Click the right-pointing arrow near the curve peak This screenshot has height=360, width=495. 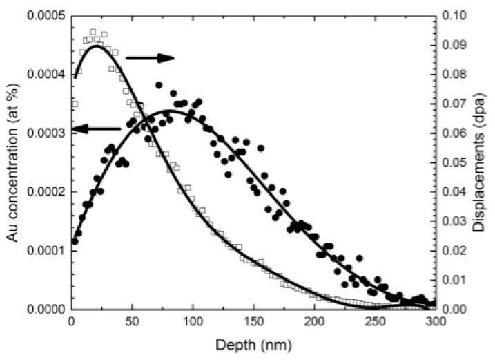pyautogui.click(x=151, y=58)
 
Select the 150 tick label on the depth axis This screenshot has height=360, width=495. pyautogui.click(x=254, y=323)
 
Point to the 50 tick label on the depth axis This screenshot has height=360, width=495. pyautogui.click(x=132, y=323)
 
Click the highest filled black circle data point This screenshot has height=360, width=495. pyautogui.click(x=159, y=85)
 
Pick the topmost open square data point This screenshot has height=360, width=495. pyautogui.click(x=93, y=32)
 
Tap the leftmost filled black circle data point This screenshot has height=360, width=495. pyautogui.click(x=75, y=241)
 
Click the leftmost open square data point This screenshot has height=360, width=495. pyautogui.click(x=75, y=104)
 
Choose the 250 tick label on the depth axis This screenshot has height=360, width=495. pyautogui.click(x=376, y=323)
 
